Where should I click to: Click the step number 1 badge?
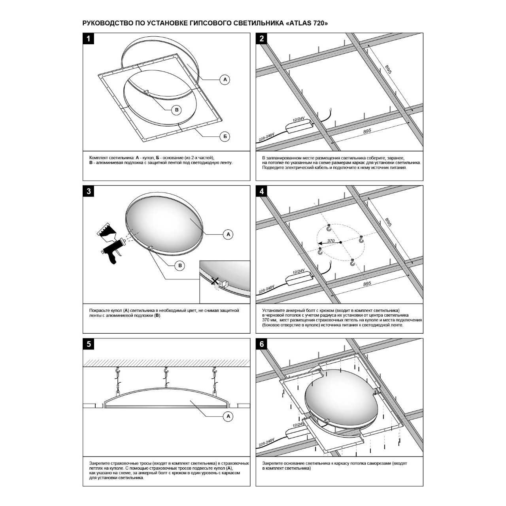pos(89,39)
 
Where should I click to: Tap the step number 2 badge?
pos(262,39)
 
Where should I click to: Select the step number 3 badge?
pos(89,191)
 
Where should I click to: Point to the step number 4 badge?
pos(262,191)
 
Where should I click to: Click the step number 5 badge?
pos(89,344)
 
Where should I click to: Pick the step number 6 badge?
pos(262,344)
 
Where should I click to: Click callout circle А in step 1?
pos(225,79)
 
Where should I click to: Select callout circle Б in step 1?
pos(225,136)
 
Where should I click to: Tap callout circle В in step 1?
pos(177,110)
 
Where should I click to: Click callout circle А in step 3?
pos(228,234)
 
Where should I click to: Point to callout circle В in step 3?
pos(180,265)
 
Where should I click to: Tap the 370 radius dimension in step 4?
pos(331,241)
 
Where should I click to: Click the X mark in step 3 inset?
pos(215,281)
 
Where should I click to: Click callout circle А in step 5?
pos(228,416)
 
